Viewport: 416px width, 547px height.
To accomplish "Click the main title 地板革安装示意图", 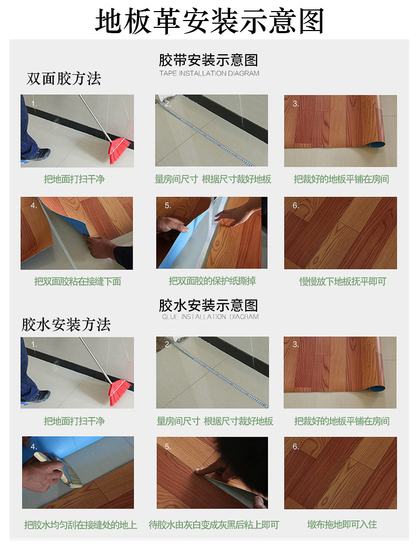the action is coord(210,22).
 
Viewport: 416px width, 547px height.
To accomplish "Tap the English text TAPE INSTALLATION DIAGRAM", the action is coord(210,73).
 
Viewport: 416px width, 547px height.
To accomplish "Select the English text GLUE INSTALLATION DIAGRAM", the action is coord(210,317).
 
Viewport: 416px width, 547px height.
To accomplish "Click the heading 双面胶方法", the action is coord(64,78).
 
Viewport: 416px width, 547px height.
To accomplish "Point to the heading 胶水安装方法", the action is coord(66,324).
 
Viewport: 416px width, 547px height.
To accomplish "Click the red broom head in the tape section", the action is coord(119,150).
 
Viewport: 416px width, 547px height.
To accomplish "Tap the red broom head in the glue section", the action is coord(120,392).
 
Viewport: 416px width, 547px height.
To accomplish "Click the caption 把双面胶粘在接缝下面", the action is coord(77,281).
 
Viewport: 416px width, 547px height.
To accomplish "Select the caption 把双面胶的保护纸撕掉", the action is coord(212,281).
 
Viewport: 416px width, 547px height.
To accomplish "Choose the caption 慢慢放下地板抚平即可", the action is coord(343,281).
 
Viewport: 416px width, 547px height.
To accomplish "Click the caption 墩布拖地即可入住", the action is coord(342,524).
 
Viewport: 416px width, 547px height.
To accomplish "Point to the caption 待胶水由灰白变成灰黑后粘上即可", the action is coord(214,524).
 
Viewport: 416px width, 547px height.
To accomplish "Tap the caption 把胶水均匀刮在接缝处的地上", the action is coord(80,525).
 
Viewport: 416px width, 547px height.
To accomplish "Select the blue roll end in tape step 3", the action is coord(377,144).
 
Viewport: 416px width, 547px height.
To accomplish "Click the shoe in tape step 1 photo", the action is coord(36,155).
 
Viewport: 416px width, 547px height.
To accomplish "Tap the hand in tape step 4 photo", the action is coord(101,246).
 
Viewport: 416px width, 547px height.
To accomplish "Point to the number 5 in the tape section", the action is coord(168,205).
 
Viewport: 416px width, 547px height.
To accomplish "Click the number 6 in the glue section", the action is coord(295,446).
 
